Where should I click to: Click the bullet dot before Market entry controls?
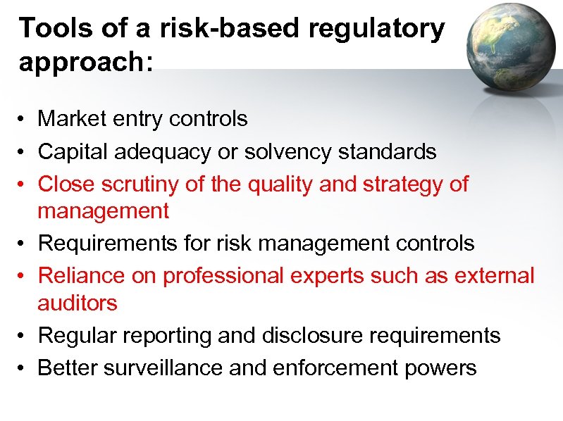[23, 120]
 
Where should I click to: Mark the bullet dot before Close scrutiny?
[23, 184]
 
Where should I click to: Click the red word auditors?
[78, 303]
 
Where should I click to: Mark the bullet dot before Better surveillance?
[23, 367]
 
